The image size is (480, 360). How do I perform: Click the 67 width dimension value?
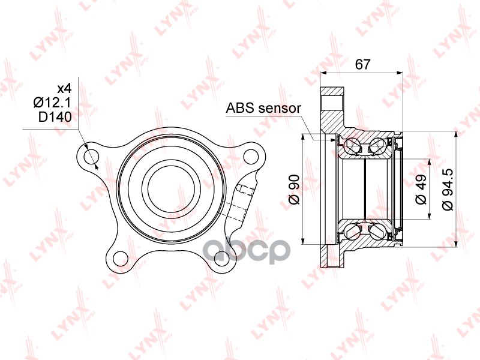click(x=363, y=64)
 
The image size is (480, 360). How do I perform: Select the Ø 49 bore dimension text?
click(x=421, y=189)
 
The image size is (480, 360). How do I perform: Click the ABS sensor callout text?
click(x=263, y=108)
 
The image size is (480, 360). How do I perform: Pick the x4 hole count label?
click(x=65, y=88)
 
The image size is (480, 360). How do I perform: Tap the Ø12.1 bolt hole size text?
click(x=52, y=103)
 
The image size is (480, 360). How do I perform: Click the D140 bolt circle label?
click(x=55, y=116)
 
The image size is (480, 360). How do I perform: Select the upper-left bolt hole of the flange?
click(x=91, y=157)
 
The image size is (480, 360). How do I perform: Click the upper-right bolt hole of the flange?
click(x=251, y=156)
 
